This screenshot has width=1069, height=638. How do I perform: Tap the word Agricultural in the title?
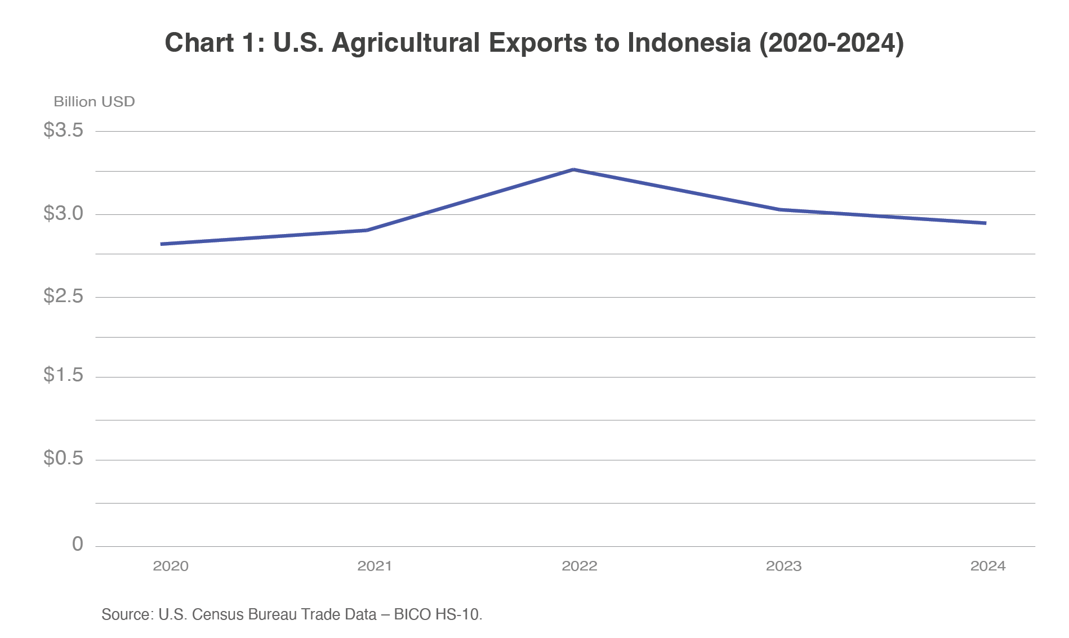(x=406, y=43)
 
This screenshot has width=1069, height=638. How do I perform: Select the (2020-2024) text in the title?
(x=831, y=43)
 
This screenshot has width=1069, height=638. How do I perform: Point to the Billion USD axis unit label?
(x=94, y=102)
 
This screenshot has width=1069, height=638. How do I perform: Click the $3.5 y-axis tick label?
(x=63, y=131)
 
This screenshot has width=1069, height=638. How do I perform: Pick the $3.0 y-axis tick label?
(x=63, y=214)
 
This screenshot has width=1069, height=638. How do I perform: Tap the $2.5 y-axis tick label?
(x=63, y=296)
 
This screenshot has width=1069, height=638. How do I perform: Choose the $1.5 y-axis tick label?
(x=63, y=375)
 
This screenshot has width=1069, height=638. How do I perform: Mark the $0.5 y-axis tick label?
(x=63, y=459)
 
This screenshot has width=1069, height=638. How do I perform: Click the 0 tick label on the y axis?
(x=78, y=544)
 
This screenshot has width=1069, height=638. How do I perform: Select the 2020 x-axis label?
(x=171, y=566)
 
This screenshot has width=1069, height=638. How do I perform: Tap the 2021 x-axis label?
(x=375, y=566)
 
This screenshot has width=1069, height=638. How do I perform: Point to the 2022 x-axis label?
(x=579, y=566)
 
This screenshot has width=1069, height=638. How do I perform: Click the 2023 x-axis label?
(x=783, y=566)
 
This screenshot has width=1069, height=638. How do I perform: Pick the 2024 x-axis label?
(x=987, y=566)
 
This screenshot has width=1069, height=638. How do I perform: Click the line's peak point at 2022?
(x=573, y=169)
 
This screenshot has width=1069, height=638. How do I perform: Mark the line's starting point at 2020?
(x=162, y=244)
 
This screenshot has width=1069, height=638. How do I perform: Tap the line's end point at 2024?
(x=985, y=223)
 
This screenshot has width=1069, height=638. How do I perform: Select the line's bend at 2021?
(x=367, y=230)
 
